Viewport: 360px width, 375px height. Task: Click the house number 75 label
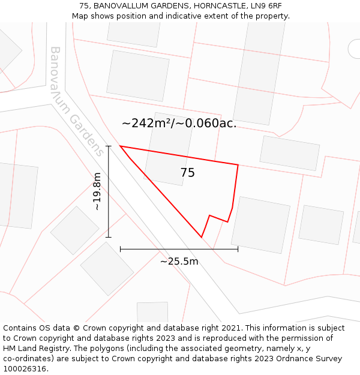pyautogui.click(x=188, y=173)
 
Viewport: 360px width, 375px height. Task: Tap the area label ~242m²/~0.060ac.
pyautogui.click(x=179, y=124)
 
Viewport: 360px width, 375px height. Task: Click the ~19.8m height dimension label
pyautogui.click(x=97, y=191)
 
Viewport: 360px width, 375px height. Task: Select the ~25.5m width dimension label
pyautogui.click(x=179, y=261)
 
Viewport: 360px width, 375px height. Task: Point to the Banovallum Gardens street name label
pyautogui.click(x=76, y=101)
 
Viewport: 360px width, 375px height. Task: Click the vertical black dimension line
pyautogui.click(x=109, y=198)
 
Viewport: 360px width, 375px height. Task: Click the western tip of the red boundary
pyautogui.click(x=121, y=146)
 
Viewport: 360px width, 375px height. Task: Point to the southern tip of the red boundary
pyautogui.click(x=202, y=237)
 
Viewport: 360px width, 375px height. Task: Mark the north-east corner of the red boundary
pyautogui.click(x=238, y=164)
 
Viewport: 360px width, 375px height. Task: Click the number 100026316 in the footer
pyautogui.click(x=25, y=369)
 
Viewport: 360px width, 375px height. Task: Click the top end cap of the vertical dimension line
pyautogui.click(x=109, y=146)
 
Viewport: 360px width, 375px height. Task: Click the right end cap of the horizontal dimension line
pyautogui.click(x=238, y=248)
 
